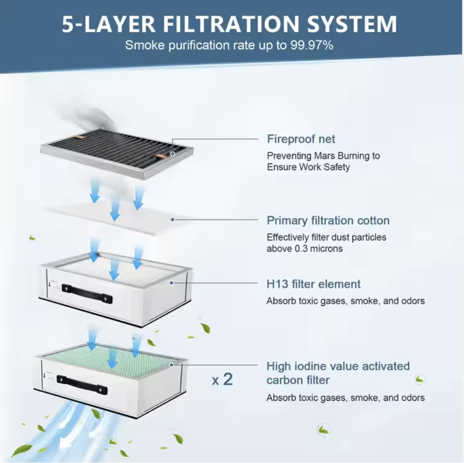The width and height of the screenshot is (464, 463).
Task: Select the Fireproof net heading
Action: (x=301, y=139)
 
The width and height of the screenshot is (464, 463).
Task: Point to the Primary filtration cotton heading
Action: (x=328, y=221)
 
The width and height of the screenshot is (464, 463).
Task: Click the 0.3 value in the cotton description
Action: (x=302, y=249)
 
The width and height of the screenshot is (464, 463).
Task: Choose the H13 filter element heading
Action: (x=313, y=284)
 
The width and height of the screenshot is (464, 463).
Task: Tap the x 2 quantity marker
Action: (x=222, y=379)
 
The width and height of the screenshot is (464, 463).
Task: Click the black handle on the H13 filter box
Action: (x=87, y=293)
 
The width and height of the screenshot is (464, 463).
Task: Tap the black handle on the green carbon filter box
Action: (x=82, y=384)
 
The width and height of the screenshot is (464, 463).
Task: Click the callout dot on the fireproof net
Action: (x=173, y=154)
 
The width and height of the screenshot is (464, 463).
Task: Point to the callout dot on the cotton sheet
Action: (x=173, y=220)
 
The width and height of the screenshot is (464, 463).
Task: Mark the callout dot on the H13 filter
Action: (x=171, y=283)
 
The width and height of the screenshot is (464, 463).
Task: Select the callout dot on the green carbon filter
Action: (x=171, y=365)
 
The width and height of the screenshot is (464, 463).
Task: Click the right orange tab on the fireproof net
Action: (x=161, y=156)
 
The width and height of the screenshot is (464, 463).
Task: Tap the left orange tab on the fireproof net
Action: (x=80, y=137)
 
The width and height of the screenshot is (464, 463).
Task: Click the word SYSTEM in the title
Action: (x=352, y=24)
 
